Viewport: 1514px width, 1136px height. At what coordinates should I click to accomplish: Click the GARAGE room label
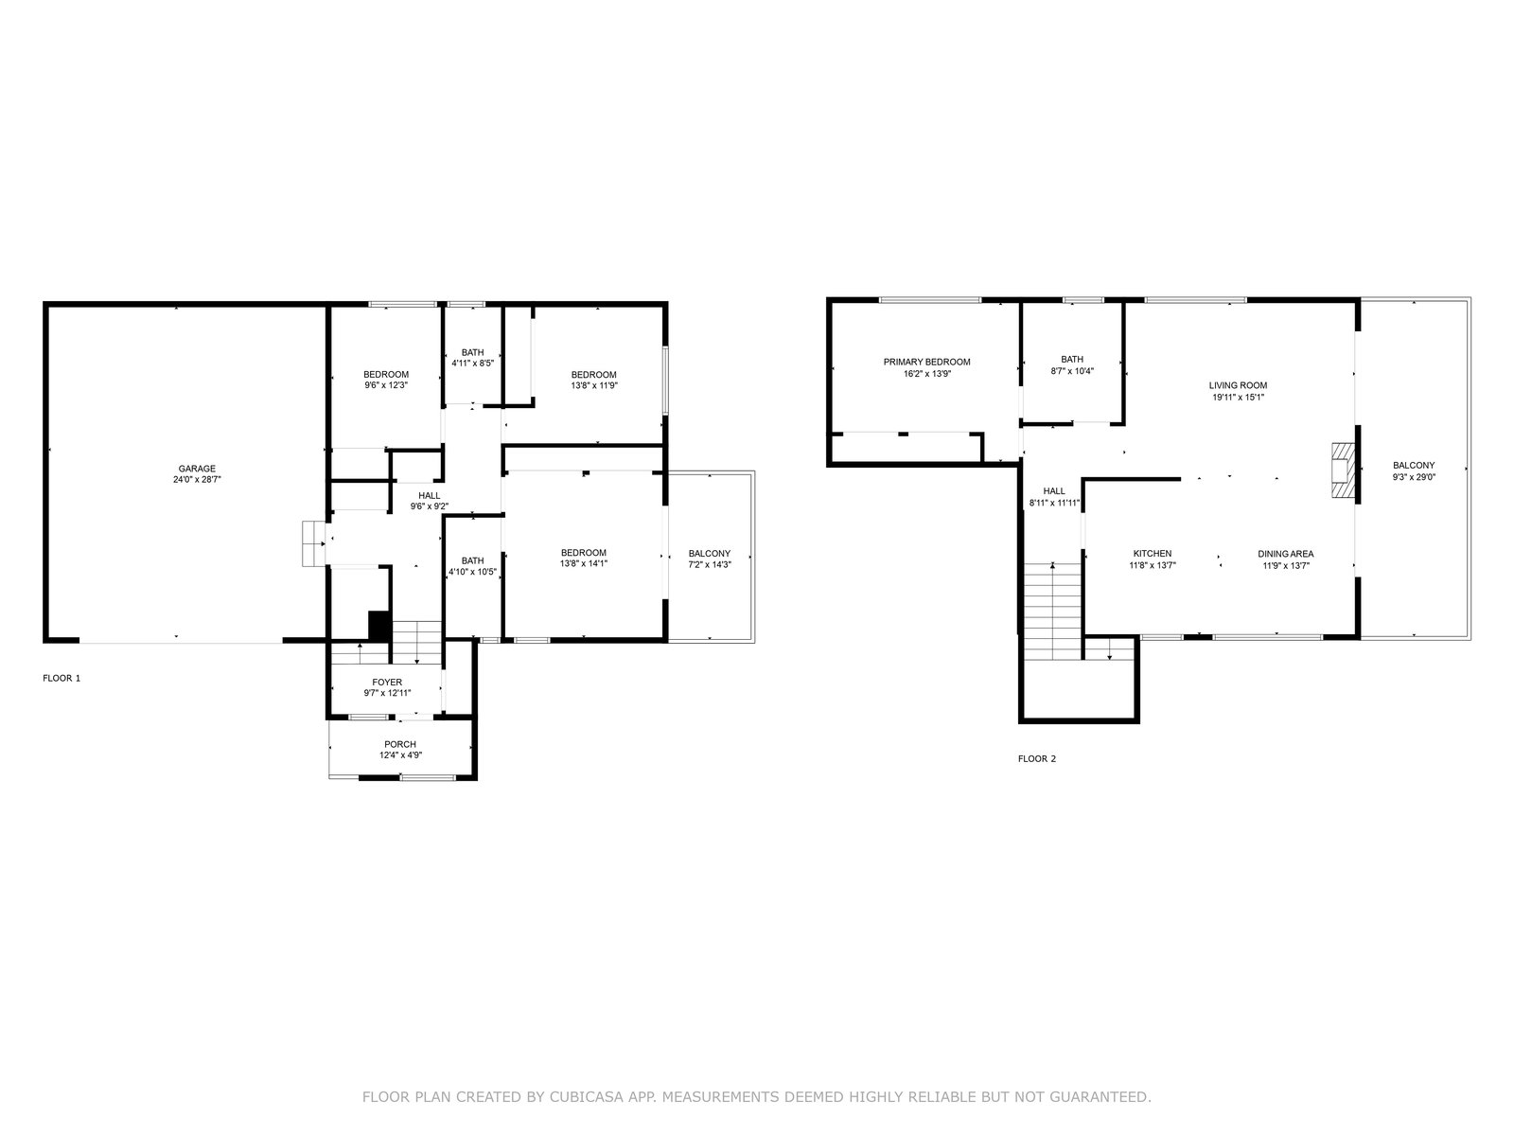(197, 469)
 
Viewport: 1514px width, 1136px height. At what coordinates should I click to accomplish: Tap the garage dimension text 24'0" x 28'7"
(197, 480)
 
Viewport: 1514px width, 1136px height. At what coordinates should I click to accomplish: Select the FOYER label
(387, 683)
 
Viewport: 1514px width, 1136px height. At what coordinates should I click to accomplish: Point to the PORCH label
(400, 745)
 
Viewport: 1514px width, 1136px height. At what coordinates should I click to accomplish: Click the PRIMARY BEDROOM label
(927, 363)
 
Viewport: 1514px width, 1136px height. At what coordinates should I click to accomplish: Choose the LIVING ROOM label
(1238, 386)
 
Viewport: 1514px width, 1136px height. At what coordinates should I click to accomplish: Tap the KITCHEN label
(1153, 554)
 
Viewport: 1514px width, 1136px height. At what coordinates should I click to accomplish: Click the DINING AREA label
(1286, 554)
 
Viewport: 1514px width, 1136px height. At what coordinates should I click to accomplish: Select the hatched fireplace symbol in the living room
(1343, 470)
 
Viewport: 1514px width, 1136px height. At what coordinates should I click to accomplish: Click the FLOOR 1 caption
(62, 679)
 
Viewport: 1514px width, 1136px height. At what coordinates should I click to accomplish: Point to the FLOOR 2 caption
(1037, 759)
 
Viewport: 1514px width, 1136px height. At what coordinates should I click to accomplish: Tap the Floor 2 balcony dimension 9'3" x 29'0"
(1414, 477)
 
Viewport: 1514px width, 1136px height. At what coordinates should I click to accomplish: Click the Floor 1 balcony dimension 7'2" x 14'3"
(710, 565)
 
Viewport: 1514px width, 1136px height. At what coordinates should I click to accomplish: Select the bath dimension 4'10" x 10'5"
(472, 572)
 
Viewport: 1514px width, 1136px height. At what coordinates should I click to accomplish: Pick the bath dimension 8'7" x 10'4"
(1072, 371)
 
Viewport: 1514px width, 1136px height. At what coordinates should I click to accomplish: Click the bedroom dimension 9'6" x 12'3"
(386, 386)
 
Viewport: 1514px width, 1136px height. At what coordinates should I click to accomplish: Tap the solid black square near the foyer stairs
(380, 626)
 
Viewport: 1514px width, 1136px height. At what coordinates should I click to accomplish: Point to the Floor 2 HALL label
(1054, 491)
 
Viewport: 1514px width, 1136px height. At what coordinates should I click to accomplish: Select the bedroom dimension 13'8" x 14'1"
(584, 564)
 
